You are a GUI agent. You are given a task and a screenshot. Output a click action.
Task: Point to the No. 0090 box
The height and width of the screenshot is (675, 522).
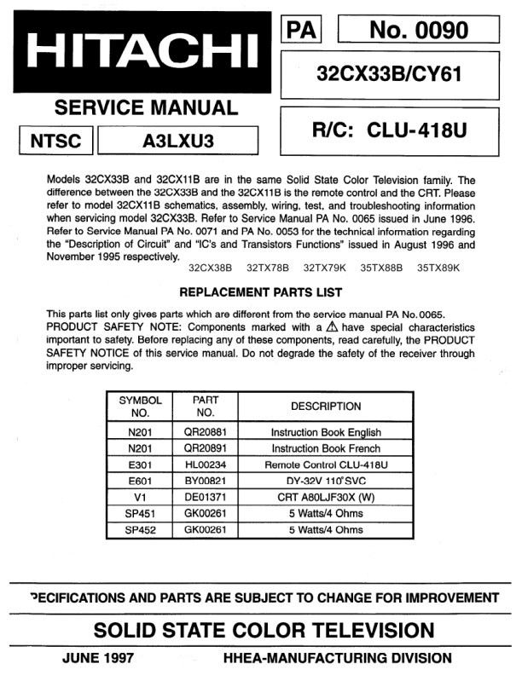418,31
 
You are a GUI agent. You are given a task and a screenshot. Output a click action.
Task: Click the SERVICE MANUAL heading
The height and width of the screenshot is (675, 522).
146,108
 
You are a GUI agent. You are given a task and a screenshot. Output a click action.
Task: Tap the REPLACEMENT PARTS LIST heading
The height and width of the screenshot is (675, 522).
260,291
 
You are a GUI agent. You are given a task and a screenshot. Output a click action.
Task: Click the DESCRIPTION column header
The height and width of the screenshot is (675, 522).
326,407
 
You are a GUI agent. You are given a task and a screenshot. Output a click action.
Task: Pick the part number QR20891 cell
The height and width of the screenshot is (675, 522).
205,448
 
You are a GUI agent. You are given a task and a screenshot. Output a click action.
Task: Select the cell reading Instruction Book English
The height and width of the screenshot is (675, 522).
326,432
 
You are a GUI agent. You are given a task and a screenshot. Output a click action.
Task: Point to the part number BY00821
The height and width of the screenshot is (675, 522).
205,481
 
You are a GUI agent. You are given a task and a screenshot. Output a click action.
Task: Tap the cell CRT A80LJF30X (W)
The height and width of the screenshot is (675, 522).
326,497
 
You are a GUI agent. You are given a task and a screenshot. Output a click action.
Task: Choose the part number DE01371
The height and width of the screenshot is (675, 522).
205,497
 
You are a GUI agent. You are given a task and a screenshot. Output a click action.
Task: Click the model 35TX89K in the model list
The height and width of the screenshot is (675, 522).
438,268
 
